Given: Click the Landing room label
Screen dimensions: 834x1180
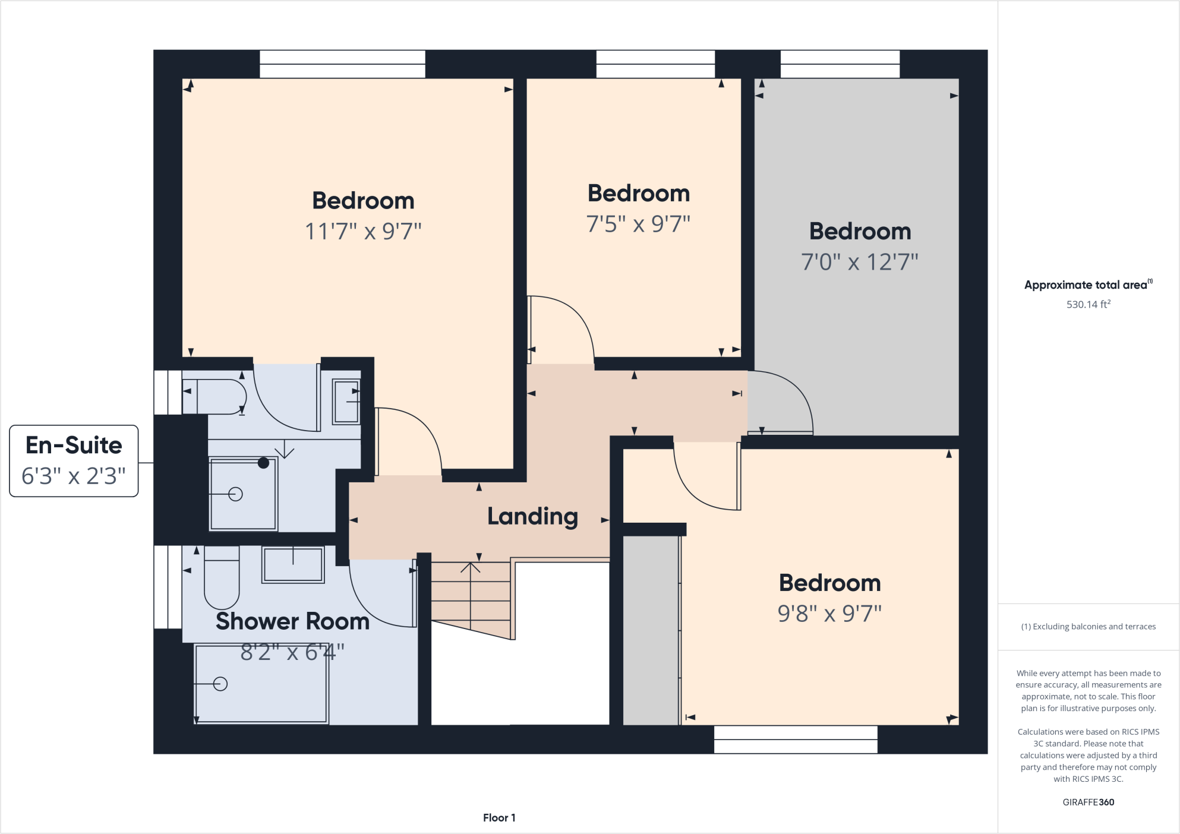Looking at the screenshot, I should pyautogui.click(x=532, y=517).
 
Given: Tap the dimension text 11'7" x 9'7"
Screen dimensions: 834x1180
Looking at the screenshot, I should pyautogui.click(x=363, y=232).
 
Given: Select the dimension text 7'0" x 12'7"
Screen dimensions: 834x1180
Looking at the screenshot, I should pyautogui.click(x=859, y=262).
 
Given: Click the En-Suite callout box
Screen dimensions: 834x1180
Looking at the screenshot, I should pyautogui.click(x=74, y=461).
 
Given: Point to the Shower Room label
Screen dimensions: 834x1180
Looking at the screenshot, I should pyautogui.click(x=292, y=621).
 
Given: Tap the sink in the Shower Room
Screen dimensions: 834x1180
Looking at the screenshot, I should pyautogui.click(x=293, y=565).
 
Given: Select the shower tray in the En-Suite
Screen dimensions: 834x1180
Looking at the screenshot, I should pyautogui.click(x=243, y=494).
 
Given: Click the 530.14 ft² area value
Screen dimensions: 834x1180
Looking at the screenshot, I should pyautogui.click(x=1088, y=305).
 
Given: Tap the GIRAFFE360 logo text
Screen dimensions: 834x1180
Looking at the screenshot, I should pyautogui.click(x=1088, y=803).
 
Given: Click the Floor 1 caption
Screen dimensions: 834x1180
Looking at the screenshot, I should pyautogui.click(x=499, y=818).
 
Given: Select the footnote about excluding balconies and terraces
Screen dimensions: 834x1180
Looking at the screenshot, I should pyautogui.click(x=1088, y=627).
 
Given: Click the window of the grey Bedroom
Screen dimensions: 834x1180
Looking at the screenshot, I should pyautogui.click(x=840, y=64).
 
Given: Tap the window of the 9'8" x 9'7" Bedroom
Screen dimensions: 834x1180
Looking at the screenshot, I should pyautogui.click(x=795, y=740).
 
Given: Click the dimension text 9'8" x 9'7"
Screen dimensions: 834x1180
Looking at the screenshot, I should pyautogui.click(x=829, y=614).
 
